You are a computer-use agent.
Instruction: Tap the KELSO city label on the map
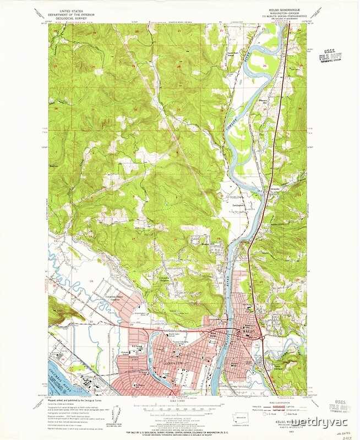tap(247, 331)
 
